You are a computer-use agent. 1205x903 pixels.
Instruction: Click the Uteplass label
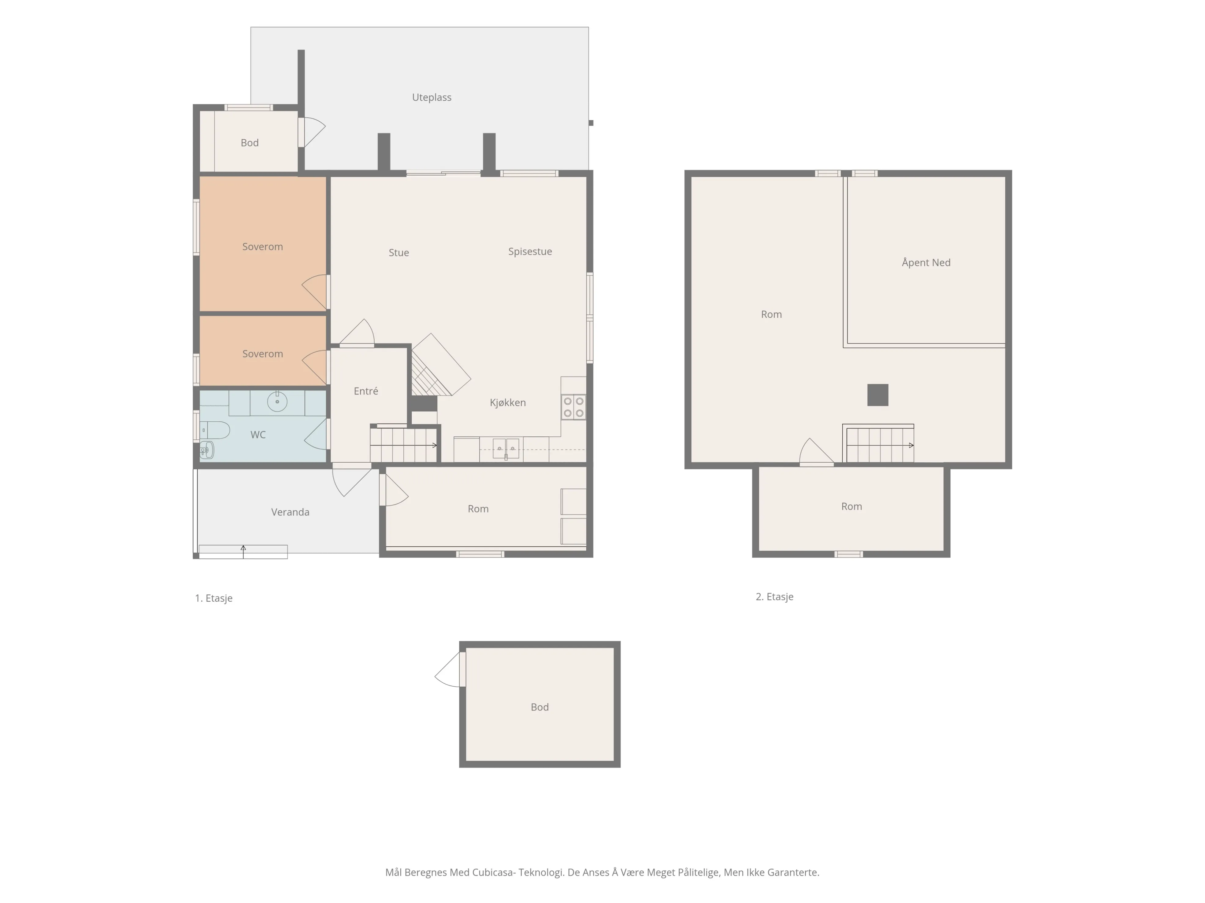click(x=432, y=97)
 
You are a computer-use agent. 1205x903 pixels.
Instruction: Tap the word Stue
click(x=399, y=252)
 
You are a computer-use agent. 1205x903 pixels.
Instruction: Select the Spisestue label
click(x=530, y=251)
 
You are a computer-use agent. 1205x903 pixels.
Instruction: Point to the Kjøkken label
click(x=508, y=403)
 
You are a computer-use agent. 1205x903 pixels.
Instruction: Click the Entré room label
click(x=365, y=391)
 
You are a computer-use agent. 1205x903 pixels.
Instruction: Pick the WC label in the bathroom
click(x=258, y=434)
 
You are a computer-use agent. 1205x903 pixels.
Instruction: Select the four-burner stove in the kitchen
click(x=574, y=407)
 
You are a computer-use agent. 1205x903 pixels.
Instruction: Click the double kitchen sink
click(x=506, y=449)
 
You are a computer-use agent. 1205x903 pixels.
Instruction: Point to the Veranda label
click(x=290, y=512)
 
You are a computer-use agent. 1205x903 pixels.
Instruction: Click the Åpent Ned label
click(x=926, y=262)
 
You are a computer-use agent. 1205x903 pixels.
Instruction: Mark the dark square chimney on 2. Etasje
click(x=878, y=395)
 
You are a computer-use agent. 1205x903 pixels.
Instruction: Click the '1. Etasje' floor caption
click(x=213, y=598)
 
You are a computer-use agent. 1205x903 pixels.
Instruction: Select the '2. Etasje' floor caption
click(x=774, y=596)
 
